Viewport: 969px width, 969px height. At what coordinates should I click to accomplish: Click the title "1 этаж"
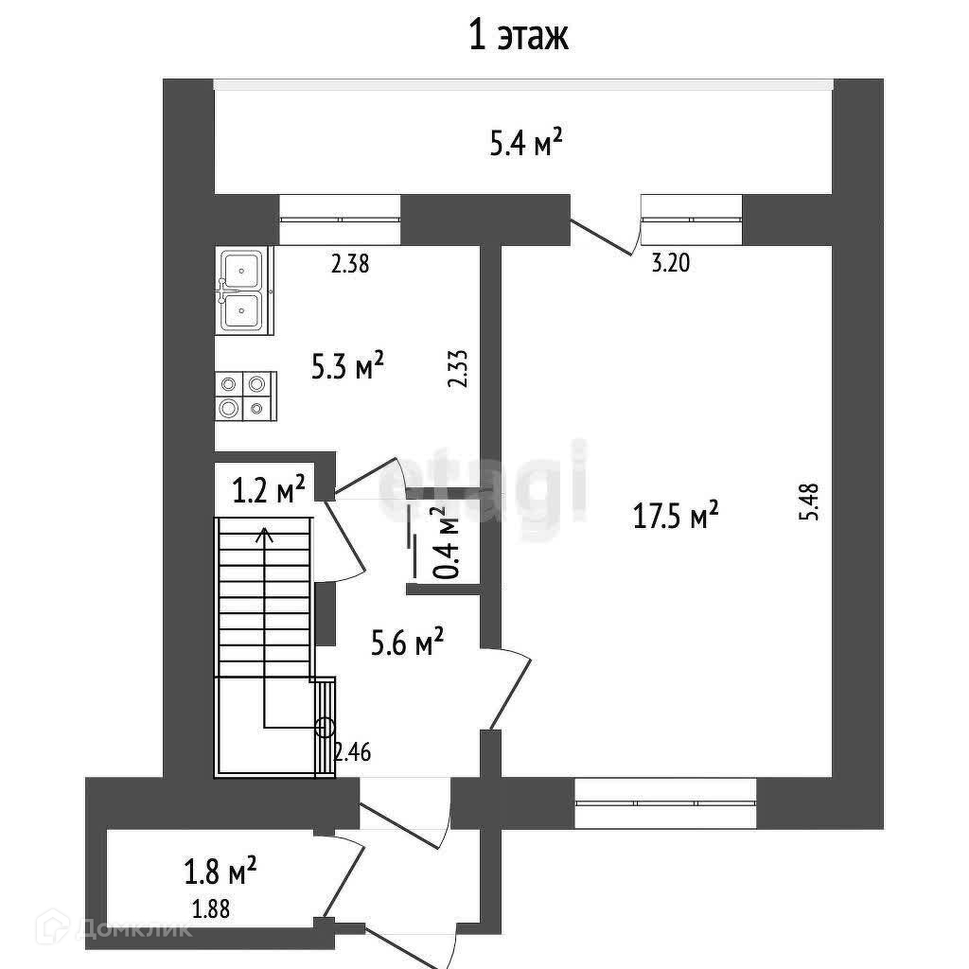click(518, 37)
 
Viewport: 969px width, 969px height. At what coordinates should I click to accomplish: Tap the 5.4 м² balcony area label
click(527, 144)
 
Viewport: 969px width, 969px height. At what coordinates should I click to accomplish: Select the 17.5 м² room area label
click(676, 516)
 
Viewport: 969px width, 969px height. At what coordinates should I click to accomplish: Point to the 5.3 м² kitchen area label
click(348, 365)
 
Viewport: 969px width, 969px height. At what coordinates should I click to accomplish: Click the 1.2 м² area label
click(269, 490)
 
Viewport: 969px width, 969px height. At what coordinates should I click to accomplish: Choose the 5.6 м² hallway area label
click(407, 645)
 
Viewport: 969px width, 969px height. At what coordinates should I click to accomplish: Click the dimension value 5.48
click(806, 502)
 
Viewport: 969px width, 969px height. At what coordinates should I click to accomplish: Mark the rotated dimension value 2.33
click(459, 368)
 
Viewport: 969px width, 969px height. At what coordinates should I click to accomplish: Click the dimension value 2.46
click(352, 753)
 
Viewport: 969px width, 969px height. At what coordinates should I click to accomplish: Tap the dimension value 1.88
click(211, 910)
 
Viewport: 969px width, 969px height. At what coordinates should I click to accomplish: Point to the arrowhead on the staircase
click(264, 535)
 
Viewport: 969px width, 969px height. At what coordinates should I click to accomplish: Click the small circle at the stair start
click(325, 727)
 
